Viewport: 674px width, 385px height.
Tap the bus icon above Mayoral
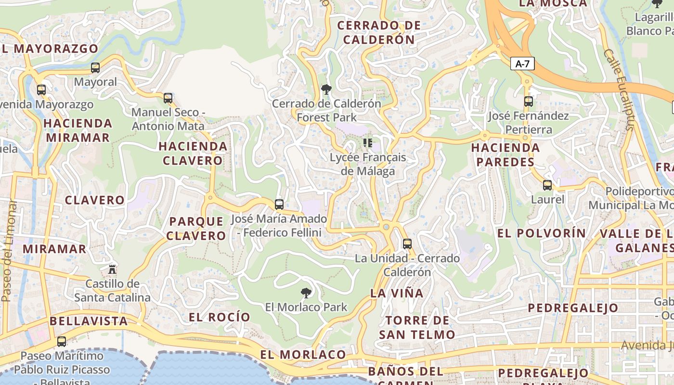tap(95, 68)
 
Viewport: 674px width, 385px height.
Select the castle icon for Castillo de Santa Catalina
tap(112, 269)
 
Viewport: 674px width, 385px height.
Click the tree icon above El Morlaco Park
tap(306, 293)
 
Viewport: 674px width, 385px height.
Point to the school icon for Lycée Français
tap(368, 142)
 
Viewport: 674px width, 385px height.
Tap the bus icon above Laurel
tap(547, 185)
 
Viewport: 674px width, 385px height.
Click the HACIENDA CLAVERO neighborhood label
tap(193, 153)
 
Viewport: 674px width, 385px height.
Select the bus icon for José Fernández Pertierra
tap(529, 102)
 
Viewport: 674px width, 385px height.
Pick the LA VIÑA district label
tap(397, 293)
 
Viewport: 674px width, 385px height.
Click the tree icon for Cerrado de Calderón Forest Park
tap(326, 89)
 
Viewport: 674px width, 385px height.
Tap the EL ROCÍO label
tap(220, 317)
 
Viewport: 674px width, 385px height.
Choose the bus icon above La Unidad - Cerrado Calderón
tap(407, 244)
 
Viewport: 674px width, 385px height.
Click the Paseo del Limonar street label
tap(9, 250)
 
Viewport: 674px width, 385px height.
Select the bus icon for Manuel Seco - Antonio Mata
tap(168, 98)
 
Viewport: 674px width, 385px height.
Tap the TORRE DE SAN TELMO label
tap(417, 327)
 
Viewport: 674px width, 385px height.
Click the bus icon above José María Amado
tap(279, 204)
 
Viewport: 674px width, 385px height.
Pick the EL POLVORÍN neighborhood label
tap(542, 233)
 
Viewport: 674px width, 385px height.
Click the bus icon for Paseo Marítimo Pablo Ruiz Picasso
tap(62, 342)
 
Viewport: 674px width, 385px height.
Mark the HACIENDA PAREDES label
tap(505, 154)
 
